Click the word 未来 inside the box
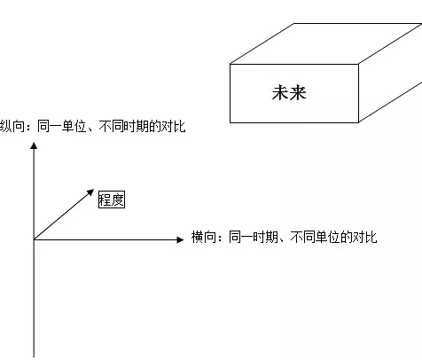289,93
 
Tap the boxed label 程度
112,200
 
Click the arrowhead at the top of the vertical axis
34,145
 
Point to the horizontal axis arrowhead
180,239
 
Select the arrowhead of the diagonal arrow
90,192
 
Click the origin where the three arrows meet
34,239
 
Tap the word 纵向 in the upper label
12,127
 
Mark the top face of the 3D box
326,43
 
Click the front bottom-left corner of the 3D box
231,122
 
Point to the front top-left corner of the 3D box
231,64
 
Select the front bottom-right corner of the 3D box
358,122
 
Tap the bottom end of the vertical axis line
34,357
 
